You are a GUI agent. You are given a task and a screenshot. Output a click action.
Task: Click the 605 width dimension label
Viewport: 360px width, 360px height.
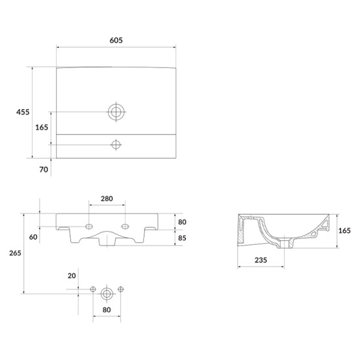[x=116, y=40]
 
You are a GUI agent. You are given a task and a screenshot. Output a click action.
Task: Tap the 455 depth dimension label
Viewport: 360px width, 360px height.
[x=23, y=112]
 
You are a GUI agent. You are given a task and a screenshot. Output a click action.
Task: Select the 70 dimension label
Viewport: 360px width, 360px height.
[x=44, y=170]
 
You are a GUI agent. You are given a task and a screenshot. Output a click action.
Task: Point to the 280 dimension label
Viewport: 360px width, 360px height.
[x=107, y=198]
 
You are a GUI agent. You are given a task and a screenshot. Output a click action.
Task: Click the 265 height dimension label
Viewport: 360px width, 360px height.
[x=15, y=253]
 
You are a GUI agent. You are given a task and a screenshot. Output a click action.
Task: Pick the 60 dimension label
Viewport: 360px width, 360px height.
[x=33, y=237]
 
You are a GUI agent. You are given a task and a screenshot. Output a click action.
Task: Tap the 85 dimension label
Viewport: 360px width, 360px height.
[x=182, y=238]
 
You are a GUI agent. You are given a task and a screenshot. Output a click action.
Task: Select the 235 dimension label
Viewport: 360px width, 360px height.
[x=261, y=260]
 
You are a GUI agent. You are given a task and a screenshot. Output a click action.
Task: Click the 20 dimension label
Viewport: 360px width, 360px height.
[x=71, y=276]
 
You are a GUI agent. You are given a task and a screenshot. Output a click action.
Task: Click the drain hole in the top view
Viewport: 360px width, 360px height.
[x=116, y=112]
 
